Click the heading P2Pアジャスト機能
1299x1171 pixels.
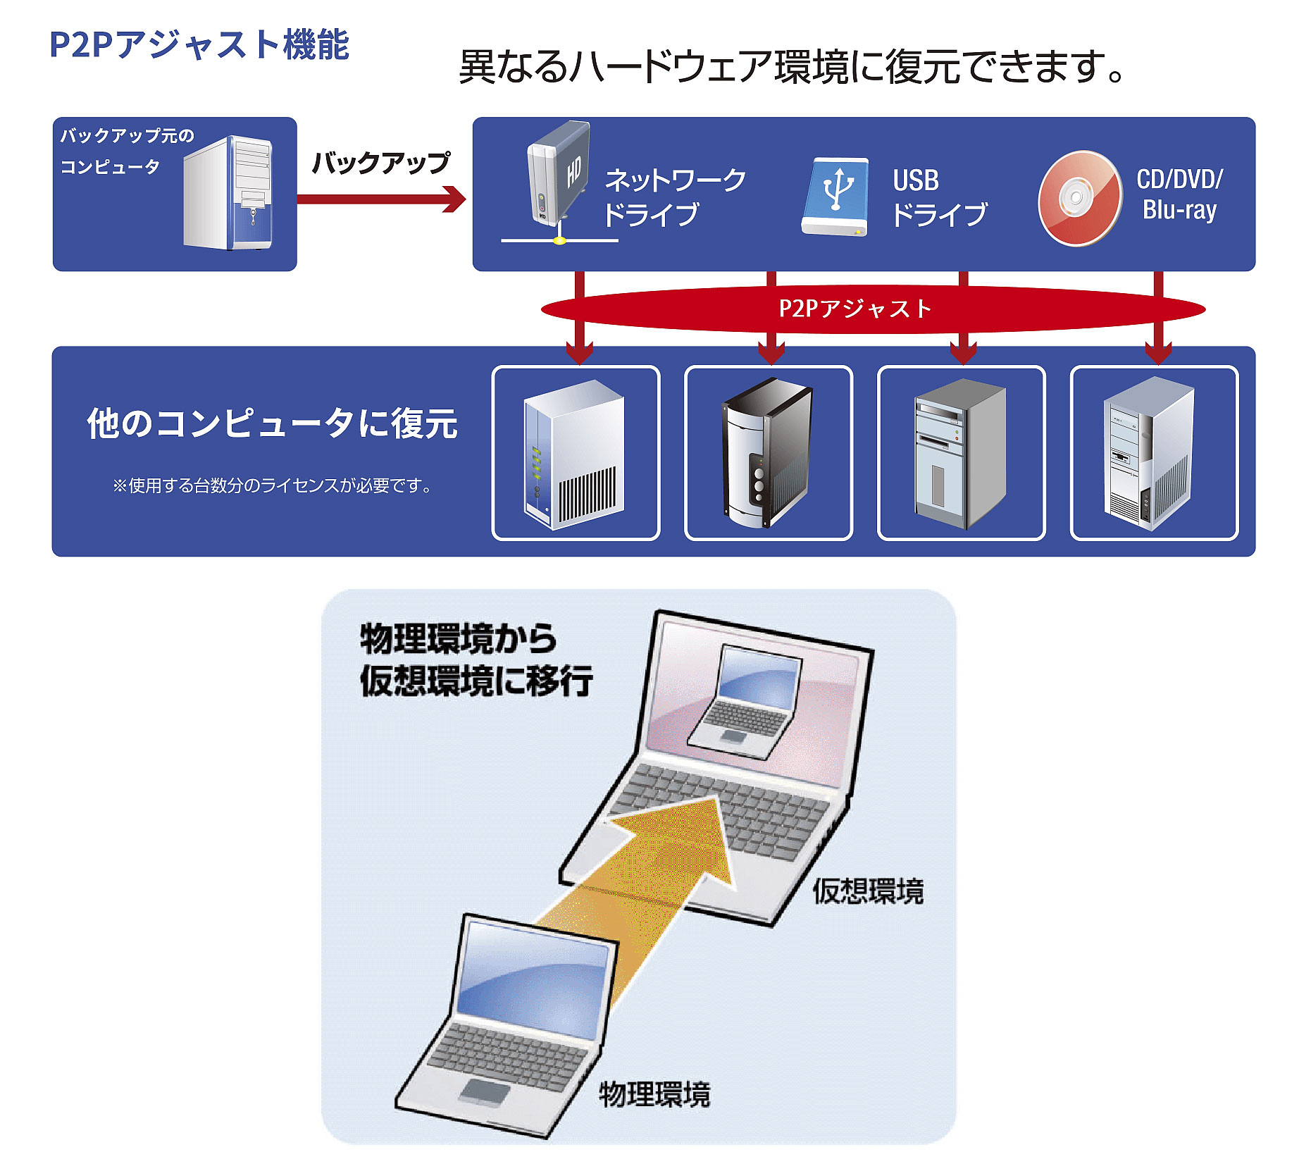pyautogui.click(x=199, y=44)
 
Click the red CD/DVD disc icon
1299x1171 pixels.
pyautogui.click(x=1079, y=198)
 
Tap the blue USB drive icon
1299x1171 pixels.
pyautogui.click(x=836, y=196)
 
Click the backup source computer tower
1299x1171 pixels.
pyautogui.click(x=228, y=193)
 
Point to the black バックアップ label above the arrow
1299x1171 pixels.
pyautogui.click(x=380, y=163)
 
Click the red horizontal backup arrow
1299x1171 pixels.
pyautogui.click(x=380, y=199)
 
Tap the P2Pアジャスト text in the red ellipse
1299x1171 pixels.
pyautogui.click(x=855, y=309)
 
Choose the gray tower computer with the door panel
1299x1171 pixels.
pyautogui.click(x=960, y=454)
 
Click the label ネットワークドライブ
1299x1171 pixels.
pyautogui.click(x=673, y=197)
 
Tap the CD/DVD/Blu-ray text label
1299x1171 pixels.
pyautogui.click(x=1180, y=194)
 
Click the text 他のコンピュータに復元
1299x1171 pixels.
pyautogui.click(x=272, y=423)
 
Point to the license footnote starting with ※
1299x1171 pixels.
pyautogui.click(x=272, y=485)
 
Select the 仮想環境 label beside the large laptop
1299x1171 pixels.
pyautogui.click(x=868, y=891)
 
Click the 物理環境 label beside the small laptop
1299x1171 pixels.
pyautogui.click(x=654, y=1094)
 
